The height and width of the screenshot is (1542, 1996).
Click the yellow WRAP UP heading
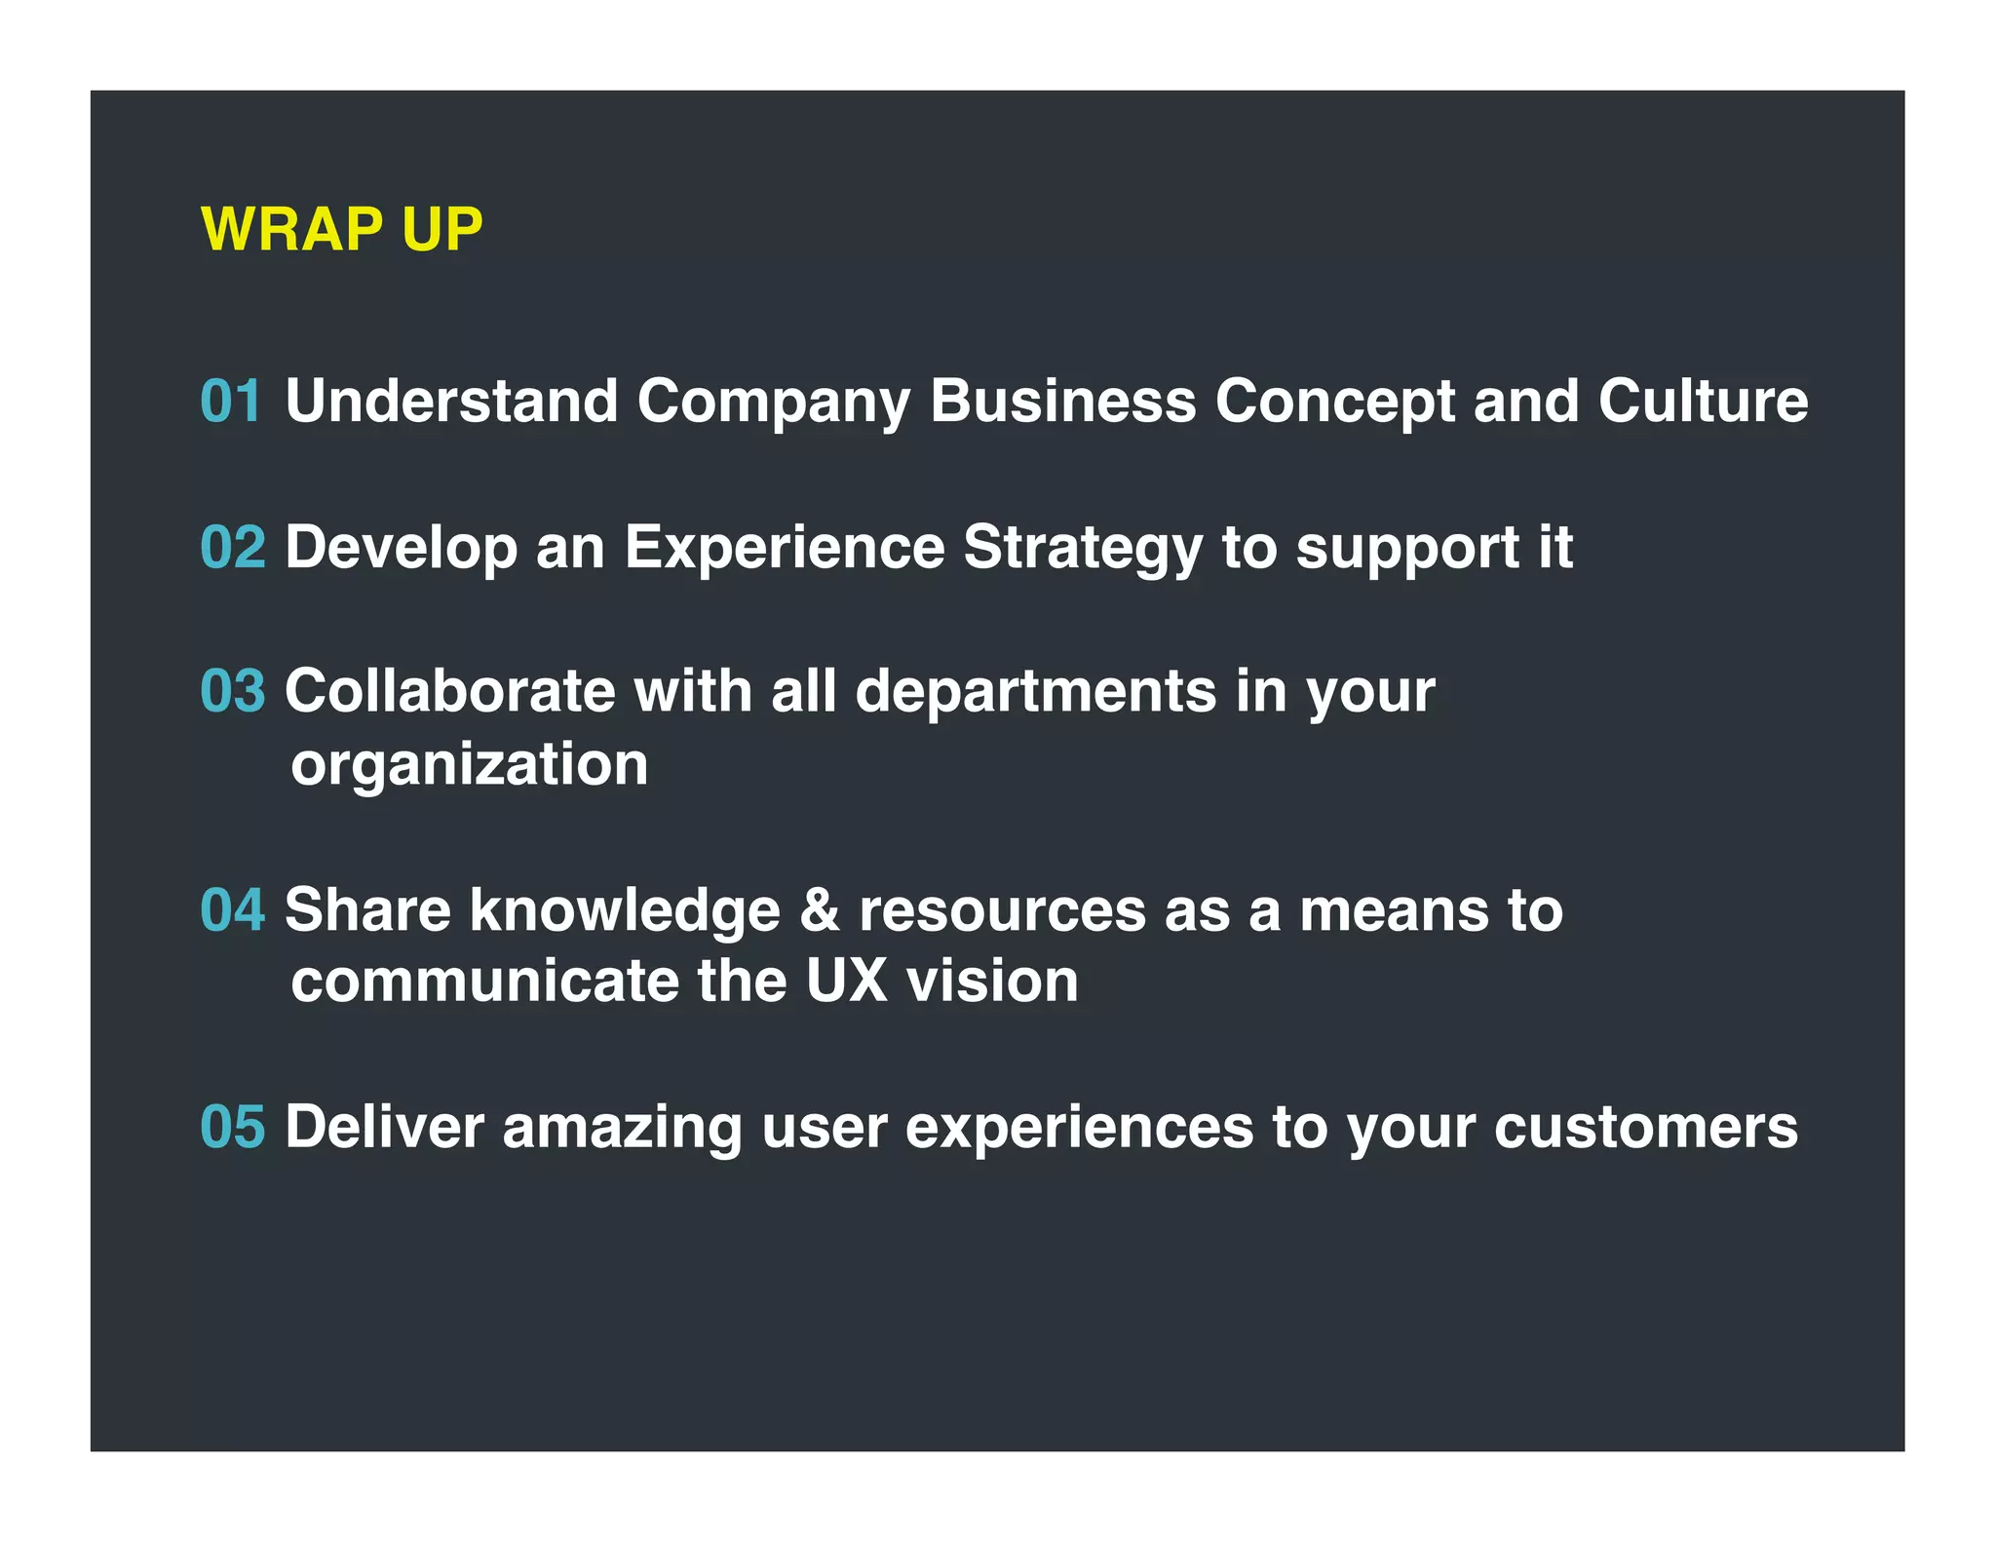pyautogui.click(x=341, y=230)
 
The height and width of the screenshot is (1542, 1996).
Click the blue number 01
pyautogui.click(x=231, y=401)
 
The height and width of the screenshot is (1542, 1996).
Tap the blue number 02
pyautogui.click(x=233, y=547)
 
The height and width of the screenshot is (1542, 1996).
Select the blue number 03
pyautogui.click(x=233, y=691)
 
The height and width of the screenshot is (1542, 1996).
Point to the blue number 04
pyautogui.click(x=233, y=909)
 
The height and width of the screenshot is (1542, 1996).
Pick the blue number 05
pyautogui.click(x=233, y=1127)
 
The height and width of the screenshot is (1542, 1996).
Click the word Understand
pyautogui.click(x=451, y=401)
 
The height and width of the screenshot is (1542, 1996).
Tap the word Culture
pyautogui.click(x=1703, y=401)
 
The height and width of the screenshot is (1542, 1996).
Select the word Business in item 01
pyautogui.click(x=1062, y=401)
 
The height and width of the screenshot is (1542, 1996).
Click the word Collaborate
pyautogui.click(x=449, y=691)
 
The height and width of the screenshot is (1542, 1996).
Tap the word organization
pyautogui.click(x=469, y=765)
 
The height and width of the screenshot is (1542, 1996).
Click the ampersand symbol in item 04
pyautogui.click(x=820, y=909)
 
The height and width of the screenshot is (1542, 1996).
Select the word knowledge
pyautogui.click(x=625, y=911)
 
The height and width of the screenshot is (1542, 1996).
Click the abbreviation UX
pyautogui.click(x=846, y=981)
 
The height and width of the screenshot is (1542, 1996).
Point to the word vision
pyautogui.click(x=992, y=981)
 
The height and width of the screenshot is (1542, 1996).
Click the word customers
pyautogui.click(x=1645, y=1127)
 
